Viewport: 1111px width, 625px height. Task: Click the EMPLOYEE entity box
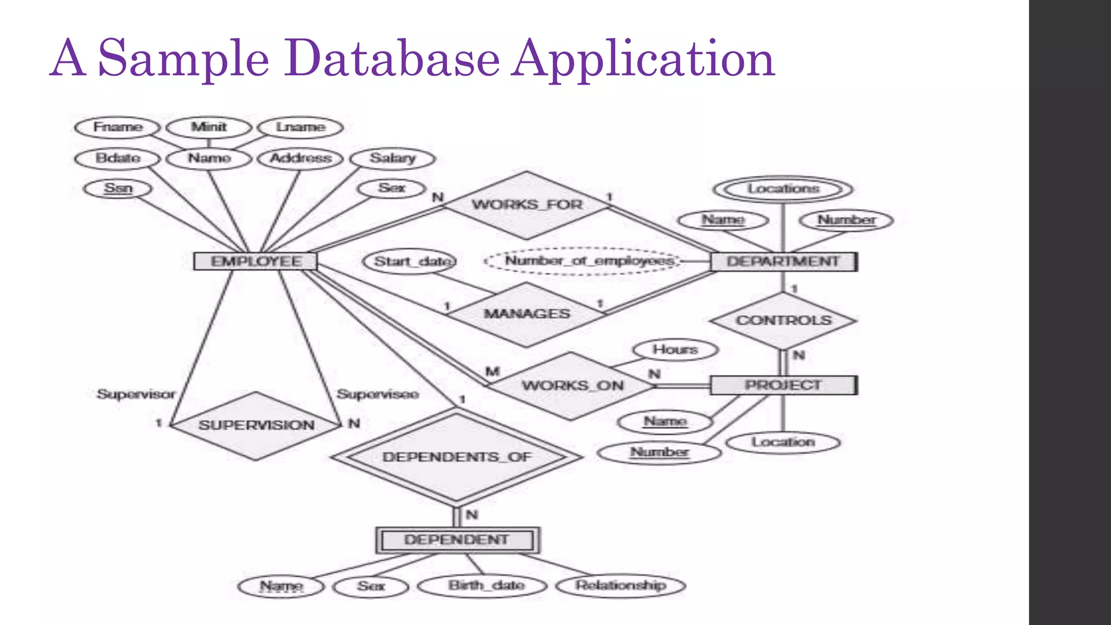(x=256, y=262)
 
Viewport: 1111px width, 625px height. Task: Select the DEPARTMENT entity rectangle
(x=783, y=262)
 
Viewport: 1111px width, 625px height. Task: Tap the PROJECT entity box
(x=783, y=385)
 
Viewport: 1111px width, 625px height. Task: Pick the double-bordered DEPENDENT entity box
(x=457, y=540)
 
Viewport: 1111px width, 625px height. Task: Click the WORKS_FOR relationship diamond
(x=527, y=205)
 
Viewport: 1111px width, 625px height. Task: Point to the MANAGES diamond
(x=527, y=314)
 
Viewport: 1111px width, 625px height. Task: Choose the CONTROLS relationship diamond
(x=783, y=321)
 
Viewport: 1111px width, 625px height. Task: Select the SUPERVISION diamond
(x=256, y=425)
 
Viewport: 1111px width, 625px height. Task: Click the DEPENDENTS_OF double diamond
(x=457, y=457)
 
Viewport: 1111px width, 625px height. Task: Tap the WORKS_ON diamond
(x=572, y=386)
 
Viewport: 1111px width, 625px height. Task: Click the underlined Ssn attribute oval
(x=118, y=188)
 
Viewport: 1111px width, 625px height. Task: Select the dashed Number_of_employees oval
(x=583, y=262)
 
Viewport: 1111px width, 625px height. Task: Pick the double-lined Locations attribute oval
(x=783, y=189)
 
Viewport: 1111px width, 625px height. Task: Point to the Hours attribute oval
(x=675, y=350)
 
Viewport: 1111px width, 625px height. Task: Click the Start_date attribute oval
(x=410, y=262)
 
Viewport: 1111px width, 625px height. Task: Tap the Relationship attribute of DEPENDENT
(x=621, y=585)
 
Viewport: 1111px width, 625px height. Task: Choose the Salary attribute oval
(x=392, y=158)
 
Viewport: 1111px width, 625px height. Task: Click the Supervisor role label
(x=136, y=394)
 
